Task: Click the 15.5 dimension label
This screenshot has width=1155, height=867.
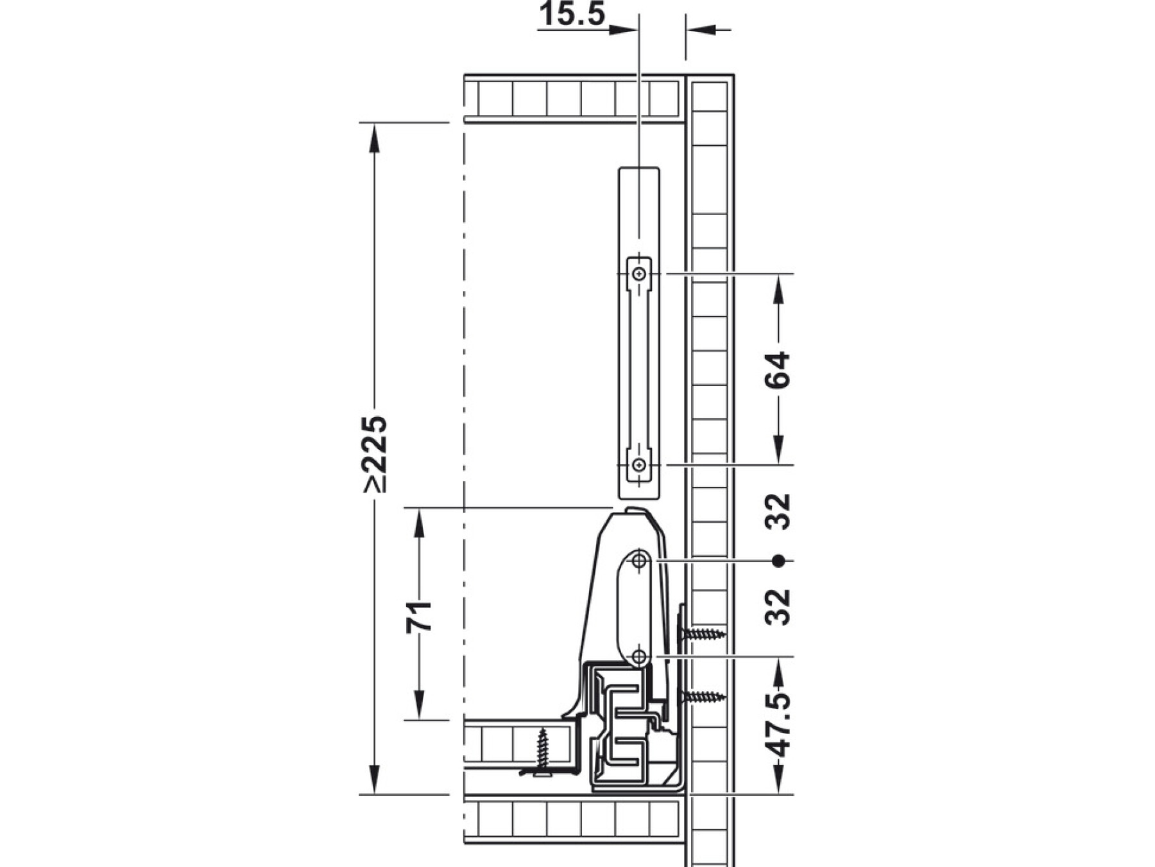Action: [572, 13]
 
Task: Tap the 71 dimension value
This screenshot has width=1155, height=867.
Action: [418, 617]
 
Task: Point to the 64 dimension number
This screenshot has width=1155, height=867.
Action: [778, 370]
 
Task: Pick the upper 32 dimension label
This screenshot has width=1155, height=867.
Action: [778, 511]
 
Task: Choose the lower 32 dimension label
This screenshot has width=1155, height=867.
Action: [778, 607]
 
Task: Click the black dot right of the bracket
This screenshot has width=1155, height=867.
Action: [779, 561]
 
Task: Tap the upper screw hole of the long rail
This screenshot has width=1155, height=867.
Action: [638, 274]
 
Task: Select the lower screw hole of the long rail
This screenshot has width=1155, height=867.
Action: [638, 464]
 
